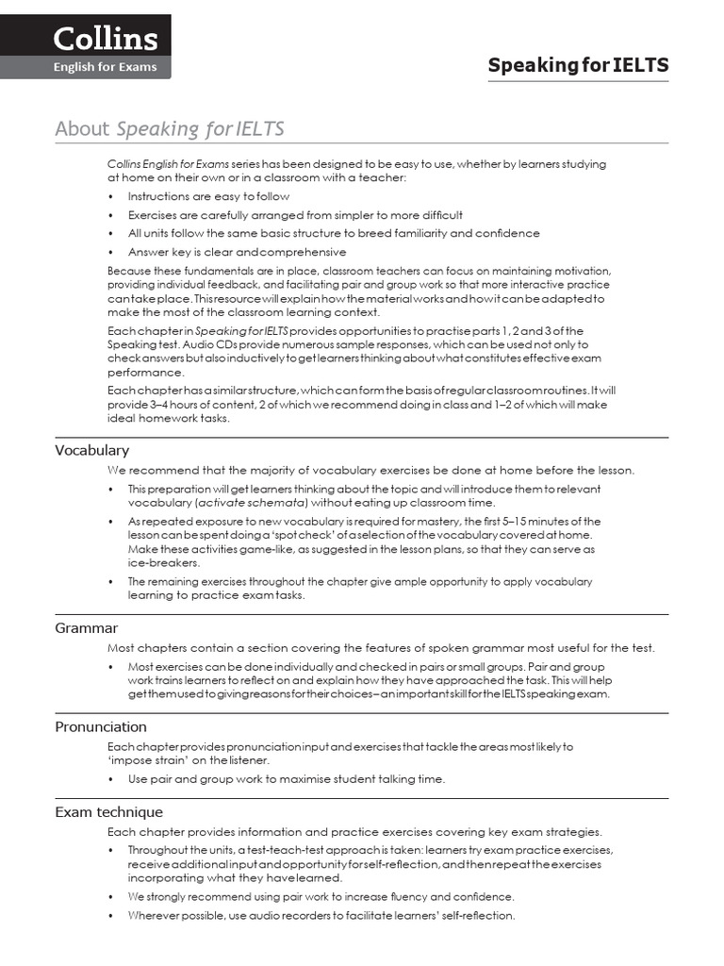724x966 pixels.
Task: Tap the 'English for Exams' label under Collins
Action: [104, 67]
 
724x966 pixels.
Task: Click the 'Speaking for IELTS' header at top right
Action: [578, 65]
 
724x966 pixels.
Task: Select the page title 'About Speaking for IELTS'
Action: [170, 129]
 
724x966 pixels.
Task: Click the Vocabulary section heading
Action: [92, 450]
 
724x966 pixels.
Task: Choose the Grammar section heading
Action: [86, 627]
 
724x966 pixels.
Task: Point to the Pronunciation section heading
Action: [101, 726]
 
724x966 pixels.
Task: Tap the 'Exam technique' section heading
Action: [108, 811]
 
